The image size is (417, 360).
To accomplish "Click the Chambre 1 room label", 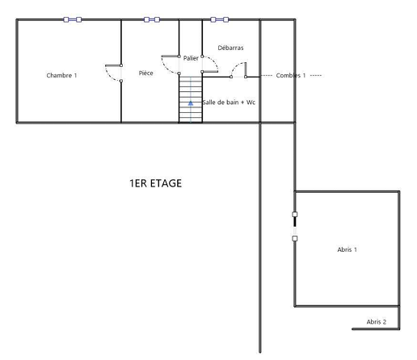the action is (61, 75).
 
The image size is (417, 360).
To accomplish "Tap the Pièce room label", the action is (146, 73).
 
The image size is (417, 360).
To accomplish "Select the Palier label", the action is (191, 58).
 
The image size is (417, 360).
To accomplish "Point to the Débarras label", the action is (230, 48).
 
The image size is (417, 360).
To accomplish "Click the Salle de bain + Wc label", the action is (229, 103).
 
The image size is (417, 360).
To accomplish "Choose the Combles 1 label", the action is (291, 75).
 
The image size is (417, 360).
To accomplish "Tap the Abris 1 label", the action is (347, 249).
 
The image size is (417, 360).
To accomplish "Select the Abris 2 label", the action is (377, 322).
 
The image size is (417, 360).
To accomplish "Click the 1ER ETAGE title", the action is (156, 183).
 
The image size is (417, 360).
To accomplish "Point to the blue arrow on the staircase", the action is (191, 103).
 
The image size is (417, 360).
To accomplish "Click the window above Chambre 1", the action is (73, 19).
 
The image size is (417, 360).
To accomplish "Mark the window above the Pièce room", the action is (152, 19).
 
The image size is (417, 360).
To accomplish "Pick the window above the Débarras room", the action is (220, 19).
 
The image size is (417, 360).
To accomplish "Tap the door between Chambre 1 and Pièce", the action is (114, 73).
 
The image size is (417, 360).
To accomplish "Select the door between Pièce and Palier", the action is (171, 65).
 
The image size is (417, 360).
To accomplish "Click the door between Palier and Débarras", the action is (210, 64).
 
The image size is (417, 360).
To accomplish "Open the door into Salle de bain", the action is (238, 70).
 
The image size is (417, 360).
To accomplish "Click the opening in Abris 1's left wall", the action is (295, 226).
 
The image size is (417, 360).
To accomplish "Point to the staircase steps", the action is (191, 99).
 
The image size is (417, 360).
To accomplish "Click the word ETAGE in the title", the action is (166, 183).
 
